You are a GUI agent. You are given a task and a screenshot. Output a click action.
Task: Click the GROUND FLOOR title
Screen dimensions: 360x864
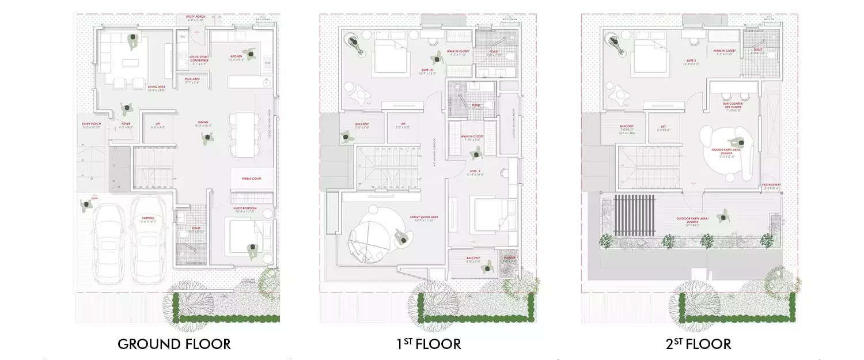point(174,344)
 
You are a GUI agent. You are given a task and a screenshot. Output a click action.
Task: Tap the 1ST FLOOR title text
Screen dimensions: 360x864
point(429,344)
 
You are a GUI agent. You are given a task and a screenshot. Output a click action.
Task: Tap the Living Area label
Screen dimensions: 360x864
point(156,88)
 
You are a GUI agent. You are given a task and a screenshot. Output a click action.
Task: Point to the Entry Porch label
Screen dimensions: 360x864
point(92,124)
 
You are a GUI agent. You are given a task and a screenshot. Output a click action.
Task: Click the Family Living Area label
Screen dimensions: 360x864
point(425,218)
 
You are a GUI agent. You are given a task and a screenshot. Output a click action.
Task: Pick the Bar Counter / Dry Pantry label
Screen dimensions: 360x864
point(733,106)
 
